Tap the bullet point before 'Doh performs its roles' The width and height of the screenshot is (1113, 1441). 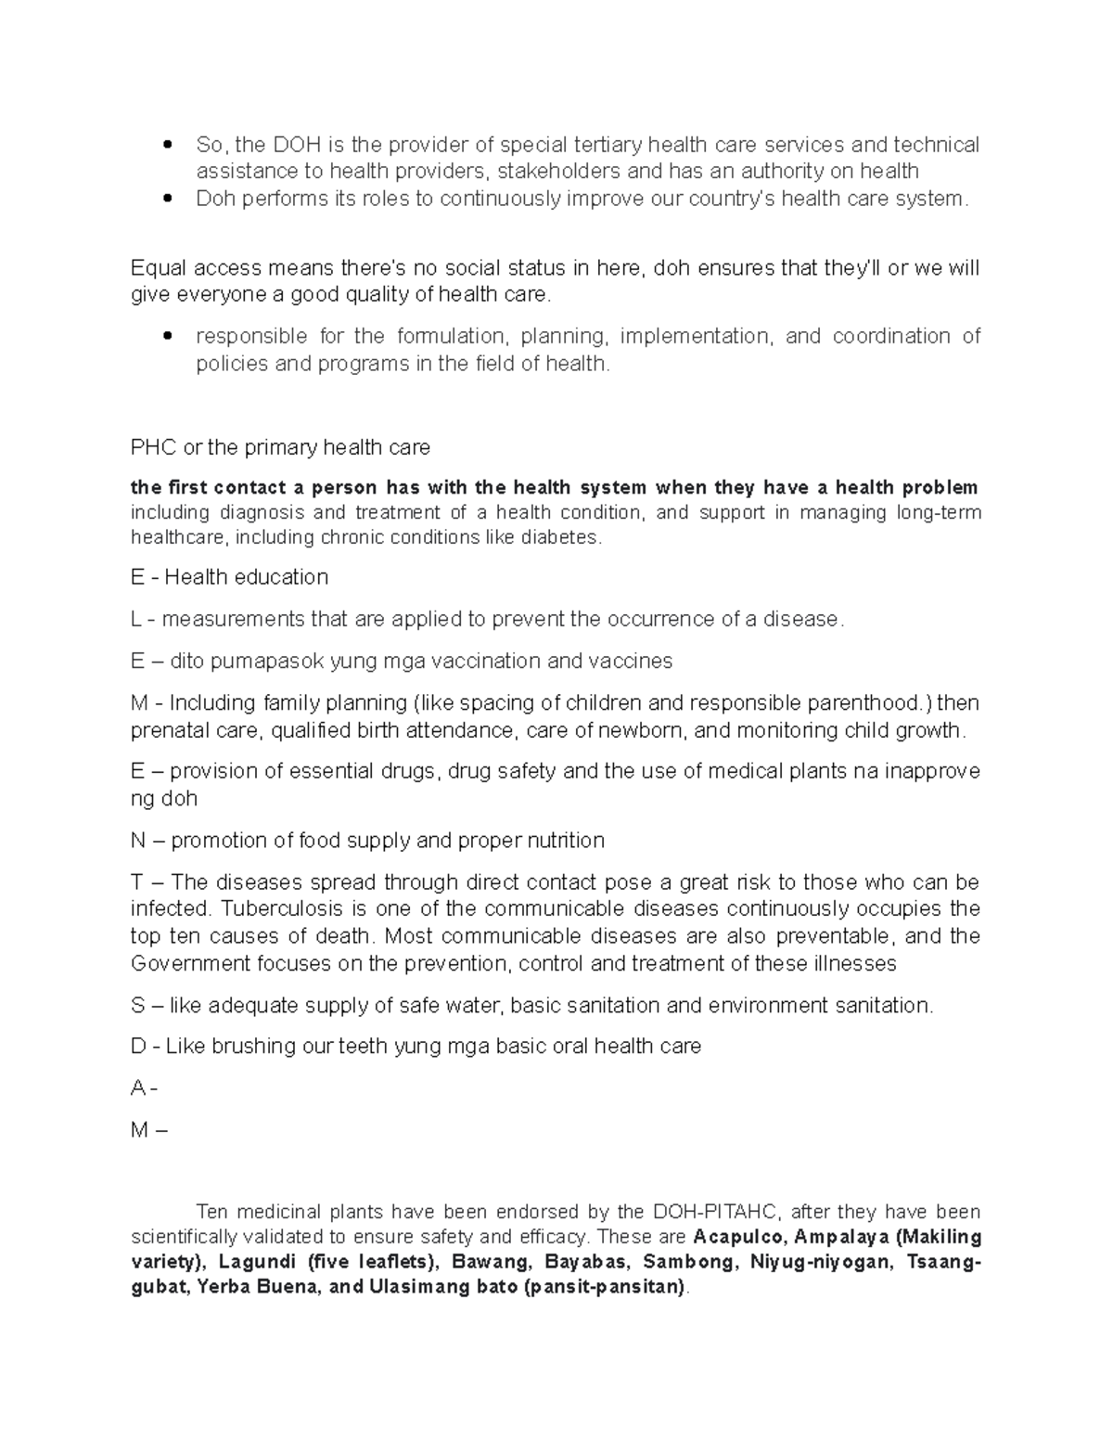[x=167, y=199]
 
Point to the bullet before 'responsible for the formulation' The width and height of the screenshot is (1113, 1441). [x=167, y=337]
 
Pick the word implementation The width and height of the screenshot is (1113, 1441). [x=696, y=336]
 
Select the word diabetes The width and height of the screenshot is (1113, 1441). [x=561, y=537]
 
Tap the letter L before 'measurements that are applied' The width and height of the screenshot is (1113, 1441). [x=136, y=619]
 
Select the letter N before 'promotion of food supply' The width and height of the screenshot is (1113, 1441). [x=138, y=841]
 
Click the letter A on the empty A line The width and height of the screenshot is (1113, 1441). [x=138, y=1088]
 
